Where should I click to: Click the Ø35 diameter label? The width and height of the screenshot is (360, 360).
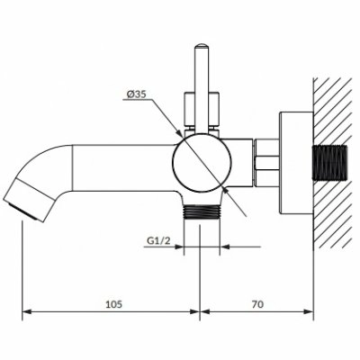pyautogui.click(x=136, y=94)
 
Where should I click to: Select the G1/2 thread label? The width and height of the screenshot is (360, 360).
pyautogui.click(x=158, y=240)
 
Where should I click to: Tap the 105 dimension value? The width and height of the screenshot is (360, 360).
pyautogui.click(x=114, y=304)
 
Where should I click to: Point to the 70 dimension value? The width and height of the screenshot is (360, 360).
pyautogui.click(x=257, y=304)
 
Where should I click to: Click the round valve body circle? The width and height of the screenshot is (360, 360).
pyautogui.click(x=202, y=162)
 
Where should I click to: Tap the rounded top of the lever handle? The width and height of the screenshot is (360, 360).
pyautogui.click(x=202, y=47)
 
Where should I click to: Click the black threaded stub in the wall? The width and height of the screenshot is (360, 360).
pyautogui.click(x=329, y=163)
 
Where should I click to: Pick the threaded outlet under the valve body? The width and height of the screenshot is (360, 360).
pyautogui.click(x=202, y=212)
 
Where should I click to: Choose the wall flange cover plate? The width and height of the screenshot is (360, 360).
pyautogui.click(x=296, y=163)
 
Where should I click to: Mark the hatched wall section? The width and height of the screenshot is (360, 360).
pyautogui.click(x=332, y=162)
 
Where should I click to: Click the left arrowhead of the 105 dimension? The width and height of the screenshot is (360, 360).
pyautogui.click(x=27, y=311)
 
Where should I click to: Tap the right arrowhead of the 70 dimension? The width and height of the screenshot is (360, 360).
pyautogui.click(x=308, y=311)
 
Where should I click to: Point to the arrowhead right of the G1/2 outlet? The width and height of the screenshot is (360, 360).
pyautogui.click(x=225, y=247)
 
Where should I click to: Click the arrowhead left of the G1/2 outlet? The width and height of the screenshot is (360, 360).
pyautogui.click(x=179, y=247)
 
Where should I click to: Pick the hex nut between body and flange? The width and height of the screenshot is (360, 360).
pyautogui.click(x=266, y=163)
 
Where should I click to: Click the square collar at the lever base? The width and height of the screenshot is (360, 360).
pyautogui.click(x=202, y=109)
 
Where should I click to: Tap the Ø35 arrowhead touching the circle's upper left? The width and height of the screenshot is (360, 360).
pyautogui.click(x=179, y=134)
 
